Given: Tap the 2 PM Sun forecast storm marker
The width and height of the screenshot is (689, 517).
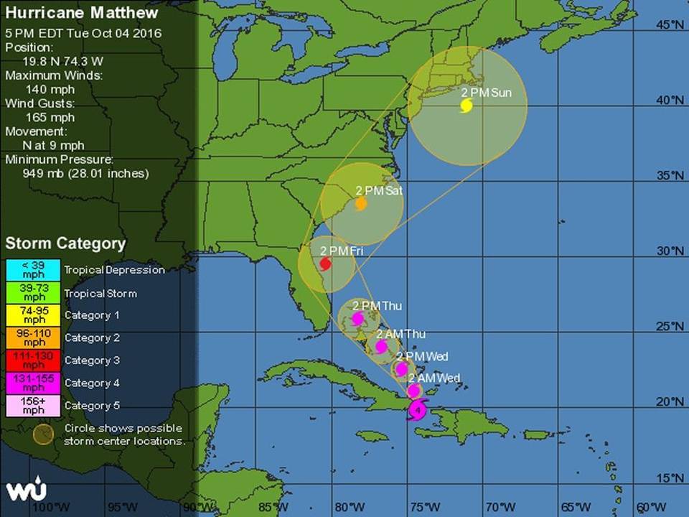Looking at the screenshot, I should coord(466,106).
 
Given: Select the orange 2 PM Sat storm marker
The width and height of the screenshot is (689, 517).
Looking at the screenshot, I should coord(361,204).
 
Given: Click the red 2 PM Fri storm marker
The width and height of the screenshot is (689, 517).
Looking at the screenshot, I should coord(325,264).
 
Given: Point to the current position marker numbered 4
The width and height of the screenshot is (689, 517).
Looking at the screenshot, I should coord(418,411).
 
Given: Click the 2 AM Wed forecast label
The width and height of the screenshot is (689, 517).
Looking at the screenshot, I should coord(434,378).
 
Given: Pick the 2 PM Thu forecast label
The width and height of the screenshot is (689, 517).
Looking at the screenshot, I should coord(377,306).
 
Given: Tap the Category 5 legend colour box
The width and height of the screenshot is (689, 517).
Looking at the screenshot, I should coord(32,406).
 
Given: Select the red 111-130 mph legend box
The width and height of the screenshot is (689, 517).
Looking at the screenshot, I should coord(32,360).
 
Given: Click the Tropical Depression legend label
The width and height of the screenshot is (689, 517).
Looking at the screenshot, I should coord(114,271).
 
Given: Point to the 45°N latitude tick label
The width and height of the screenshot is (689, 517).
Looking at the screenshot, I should coord(670,25).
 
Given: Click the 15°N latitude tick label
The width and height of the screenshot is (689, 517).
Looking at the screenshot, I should coord(670,478).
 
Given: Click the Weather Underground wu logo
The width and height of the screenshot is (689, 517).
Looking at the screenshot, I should coord(27,490).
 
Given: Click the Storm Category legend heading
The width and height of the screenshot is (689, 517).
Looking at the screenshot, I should coord(65,243).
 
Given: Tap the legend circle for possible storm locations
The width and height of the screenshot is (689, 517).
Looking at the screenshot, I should coord(43,434).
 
